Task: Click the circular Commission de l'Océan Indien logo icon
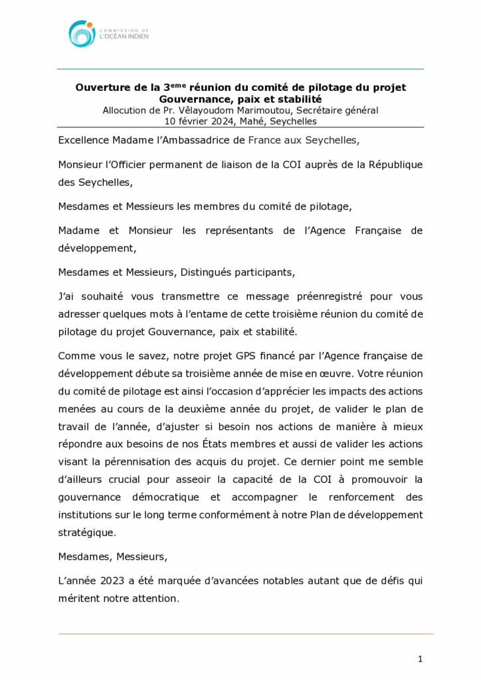point(81,33)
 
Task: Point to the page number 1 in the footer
point(421,659)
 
